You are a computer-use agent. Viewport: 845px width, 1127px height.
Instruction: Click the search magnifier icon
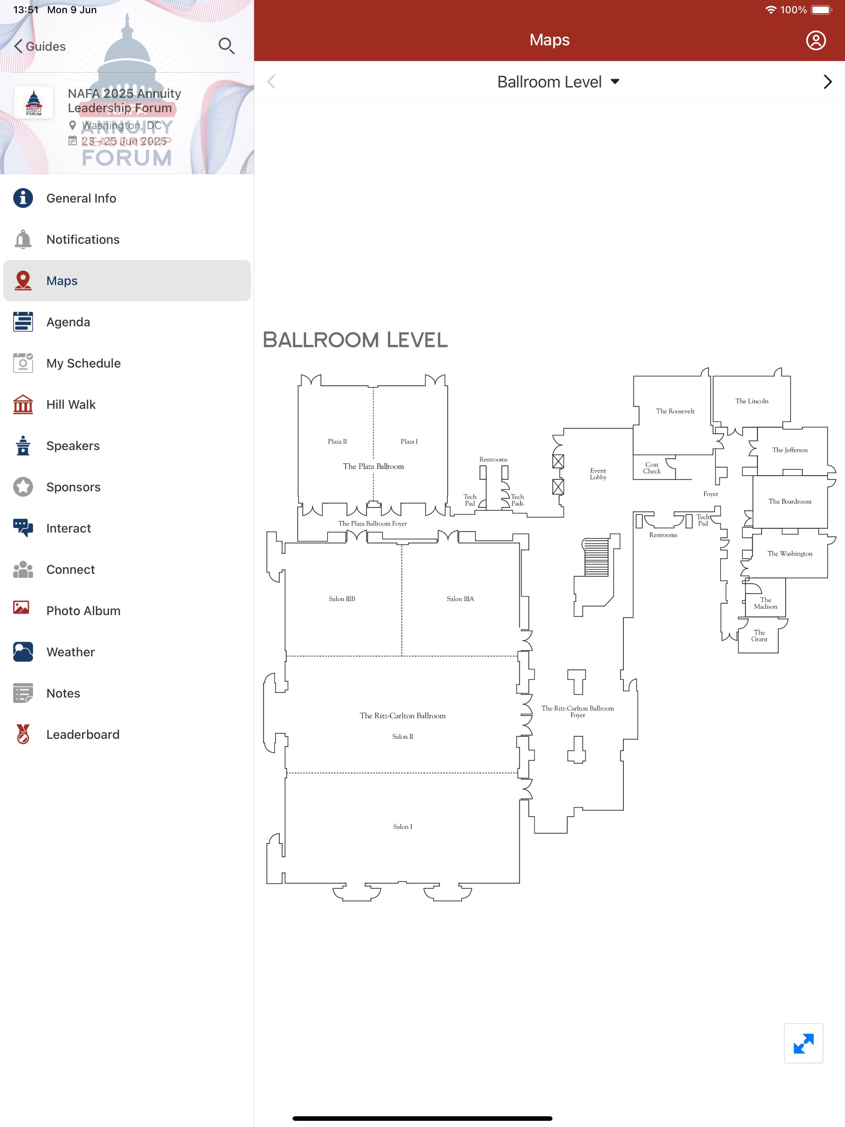226,46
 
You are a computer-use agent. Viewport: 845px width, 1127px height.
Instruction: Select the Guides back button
40,46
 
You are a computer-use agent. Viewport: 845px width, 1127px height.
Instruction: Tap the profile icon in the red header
815,40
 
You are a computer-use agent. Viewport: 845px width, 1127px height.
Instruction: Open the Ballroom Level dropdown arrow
615,82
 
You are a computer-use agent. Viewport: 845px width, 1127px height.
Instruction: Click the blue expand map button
803,1043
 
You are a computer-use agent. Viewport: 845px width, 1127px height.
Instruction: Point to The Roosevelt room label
675,411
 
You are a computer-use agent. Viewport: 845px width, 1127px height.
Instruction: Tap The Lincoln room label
752,401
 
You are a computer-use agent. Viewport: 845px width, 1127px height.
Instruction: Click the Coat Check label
652,468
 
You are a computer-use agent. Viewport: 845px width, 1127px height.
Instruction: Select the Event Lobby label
598,474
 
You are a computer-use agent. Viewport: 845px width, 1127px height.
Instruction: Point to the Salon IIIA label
460,599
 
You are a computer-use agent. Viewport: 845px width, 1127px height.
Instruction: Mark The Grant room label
759,636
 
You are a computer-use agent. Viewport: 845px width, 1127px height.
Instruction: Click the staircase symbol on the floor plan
596,557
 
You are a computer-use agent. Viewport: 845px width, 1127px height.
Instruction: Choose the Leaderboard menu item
83,735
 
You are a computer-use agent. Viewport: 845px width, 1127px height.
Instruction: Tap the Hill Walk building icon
23,405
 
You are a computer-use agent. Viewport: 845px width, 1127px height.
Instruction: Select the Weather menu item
70,652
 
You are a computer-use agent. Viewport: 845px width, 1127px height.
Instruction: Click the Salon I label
403,826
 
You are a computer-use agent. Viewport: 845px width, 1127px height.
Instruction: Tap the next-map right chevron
828,82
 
